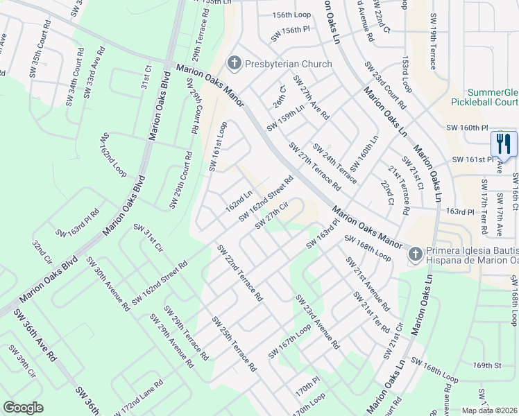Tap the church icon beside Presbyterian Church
234,64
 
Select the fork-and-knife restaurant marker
503,144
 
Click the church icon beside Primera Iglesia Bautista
414,254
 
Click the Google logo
23,408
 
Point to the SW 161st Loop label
218,147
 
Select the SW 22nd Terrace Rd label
239,272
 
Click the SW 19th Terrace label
432,49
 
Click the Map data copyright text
490,410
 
